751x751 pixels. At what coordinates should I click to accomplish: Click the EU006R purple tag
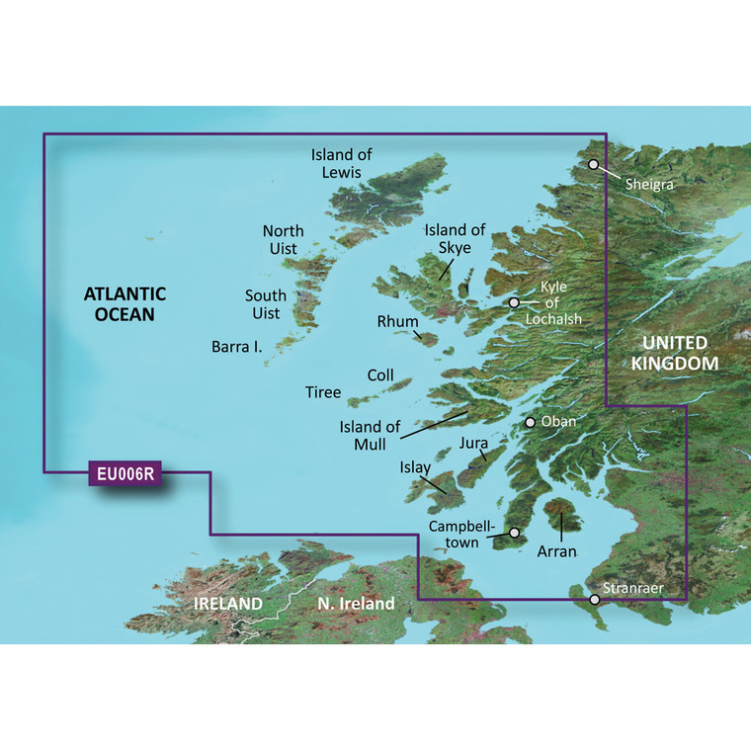point(125,474)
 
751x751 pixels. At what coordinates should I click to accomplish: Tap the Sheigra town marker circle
point(594,165)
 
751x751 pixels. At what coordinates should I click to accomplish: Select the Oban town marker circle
point(531,422)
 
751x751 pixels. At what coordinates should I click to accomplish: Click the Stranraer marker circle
point(595,600)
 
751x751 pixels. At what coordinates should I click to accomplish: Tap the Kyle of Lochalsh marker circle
point(514,302)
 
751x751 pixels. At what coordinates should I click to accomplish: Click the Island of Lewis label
point(342,163)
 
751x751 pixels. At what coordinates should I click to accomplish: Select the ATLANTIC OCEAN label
point(125,304)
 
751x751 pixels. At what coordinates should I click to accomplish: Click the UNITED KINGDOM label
point(676,354)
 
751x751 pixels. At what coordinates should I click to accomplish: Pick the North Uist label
point(283,239)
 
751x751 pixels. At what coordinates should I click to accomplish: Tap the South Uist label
point(266,304)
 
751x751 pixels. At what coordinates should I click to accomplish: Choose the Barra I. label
point(236,347)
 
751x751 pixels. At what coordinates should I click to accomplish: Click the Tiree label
point(323,392)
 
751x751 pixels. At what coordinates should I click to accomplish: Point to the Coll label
point(380,375)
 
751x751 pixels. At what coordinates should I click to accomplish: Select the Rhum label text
point(397,322)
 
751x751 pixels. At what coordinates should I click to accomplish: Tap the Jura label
point(474,446)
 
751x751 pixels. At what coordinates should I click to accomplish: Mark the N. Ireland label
point(356,603)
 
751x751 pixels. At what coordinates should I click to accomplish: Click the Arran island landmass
point(564,518)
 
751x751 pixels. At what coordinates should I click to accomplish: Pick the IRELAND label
point(228,603)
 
